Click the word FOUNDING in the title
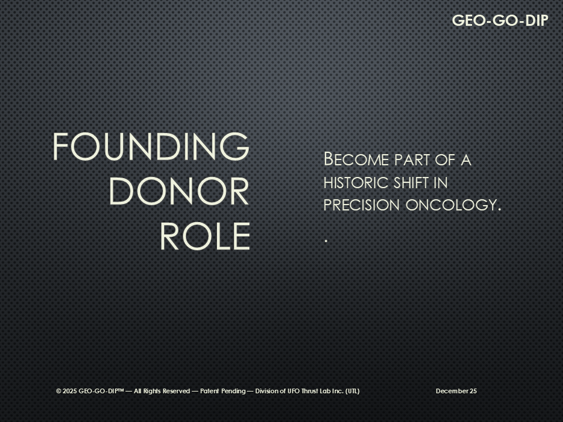151,147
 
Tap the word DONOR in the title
179,191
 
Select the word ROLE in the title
205,236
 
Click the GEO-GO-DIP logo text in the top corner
500,21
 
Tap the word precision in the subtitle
362,205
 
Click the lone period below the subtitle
325,241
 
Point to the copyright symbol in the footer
59,391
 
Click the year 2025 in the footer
70,391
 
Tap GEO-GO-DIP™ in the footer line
101,391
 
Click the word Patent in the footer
210,391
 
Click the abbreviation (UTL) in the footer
352,391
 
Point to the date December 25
456,391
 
